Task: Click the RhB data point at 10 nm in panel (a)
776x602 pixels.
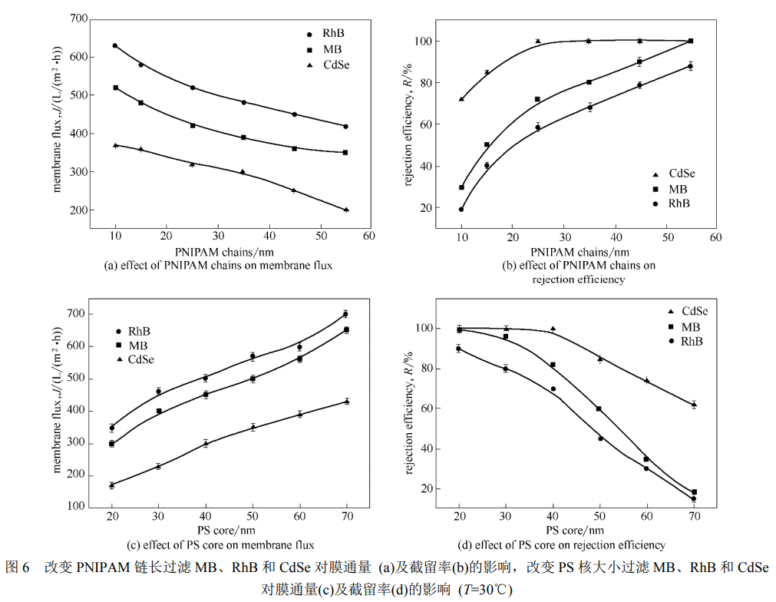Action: click(x=115, y=45)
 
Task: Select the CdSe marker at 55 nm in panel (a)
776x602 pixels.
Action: click(x=346, y=210)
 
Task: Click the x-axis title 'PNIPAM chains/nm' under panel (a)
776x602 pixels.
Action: click(x=218, y=251)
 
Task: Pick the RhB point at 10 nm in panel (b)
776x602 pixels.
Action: click(x=461, y=209)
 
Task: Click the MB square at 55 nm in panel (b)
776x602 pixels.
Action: click(x=691, y=41)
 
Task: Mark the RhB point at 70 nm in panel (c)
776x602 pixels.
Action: click(x=345, y=314)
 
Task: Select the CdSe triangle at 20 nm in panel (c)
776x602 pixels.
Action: click(x=111, y=485)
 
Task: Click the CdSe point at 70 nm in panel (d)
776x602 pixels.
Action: click(x=694, y=405)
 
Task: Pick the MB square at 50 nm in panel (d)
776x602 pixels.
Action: click(x=599, y=409)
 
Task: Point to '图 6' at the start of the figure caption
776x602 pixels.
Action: click(x=17, y=569)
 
